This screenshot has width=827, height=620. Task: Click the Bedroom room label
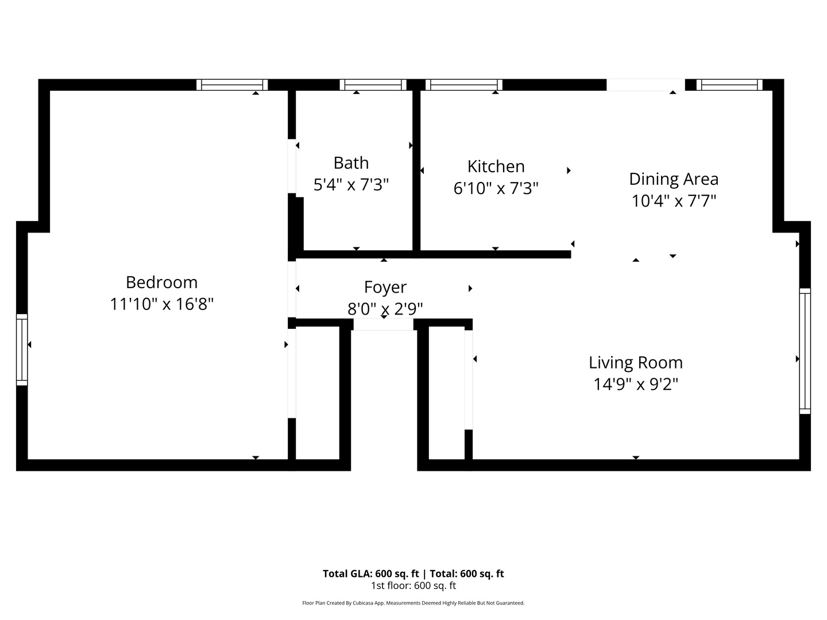point(161,282)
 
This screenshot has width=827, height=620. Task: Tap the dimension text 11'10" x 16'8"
point(161,304)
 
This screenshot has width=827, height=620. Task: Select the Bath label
point(351,163)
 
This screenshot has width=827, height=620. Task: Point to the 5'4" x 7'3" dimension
point(351,185)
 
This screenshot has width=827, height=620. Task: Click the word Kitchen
point(496,166)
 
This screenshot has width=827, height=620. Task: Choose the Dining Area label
point(673,179)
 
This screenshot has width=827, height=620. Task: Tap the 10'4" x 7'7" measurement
point(673,201)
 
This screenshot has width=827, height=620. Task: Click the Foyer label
point(385,287)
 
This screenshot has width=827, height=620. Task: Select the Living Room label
point(635,363)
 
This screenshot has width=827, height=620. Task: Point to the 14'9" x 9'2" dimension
point(635,384)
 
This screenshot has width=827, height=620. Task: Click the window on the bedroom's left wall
point(22,350)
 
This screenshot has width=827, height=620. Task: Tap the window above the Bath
point(373,85)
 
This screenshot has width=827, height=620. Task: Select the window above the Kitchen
point(464,85)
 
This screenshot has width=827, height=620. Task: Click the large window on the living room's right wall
point(805,351)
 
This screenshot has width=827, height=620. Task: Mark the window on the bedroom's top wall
point(232,85)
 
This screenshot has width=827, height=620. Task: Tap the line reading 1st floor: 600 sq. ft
point(413,586)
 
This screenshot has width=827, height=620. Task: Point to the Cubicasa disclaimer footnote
point(413,603)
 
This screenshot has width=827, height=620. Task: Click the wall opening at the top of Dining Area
point(646,85)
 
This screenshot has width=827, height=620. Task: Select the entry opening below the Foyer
point(384,325)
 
